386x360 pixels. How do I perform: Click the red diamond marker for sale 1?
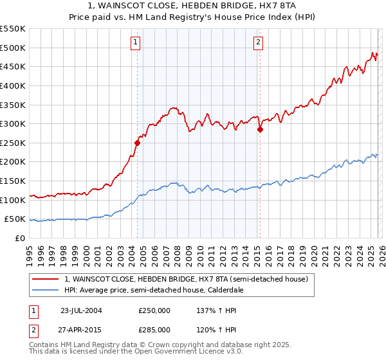pos(138,143)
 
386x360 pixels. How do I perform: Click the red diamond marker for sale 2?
pos(260,129)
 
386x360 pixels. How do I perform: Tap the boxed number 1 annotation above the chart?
pos(136,43)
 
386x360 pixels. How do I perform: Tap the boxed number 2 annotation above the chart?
pos(258,43)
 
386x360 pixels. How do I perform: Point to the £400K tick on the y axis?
pos(13,85)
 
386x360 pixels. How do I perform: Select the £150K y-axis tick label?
pos(13,181)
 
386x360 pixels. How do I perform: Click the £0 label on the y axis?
pos(20,238)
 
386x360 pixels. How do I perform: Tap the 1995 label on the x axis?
pos(30,251)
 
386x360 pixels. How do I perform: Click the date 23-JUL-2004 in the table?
pos(80,310)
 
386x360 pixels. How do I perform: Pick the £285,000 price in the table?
pos(154,329)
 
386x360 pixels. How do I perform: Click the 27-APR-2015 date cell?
pos(80,329)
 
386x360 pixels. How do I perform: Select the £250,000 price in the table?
pos(154,310)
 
